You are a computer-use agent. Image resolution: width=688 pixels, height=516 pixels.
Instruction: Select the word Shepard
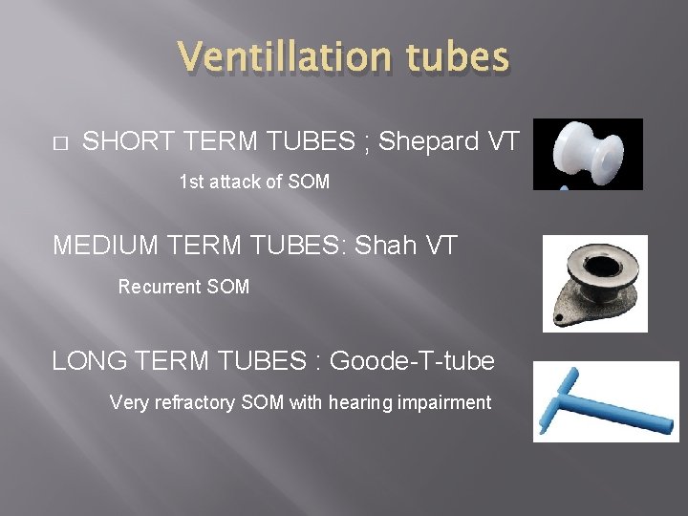(x=429, y=141)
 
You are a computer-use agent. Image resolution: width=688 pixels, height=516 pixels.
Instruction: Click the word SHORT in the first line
(x=126, y=141)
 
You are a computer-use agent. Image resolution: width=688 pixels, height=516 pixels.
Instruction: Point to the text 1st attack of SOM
(x=254, y=182)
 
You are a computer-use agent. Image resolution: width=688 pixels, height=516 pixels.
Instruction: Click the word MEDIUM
(x=108, y=246)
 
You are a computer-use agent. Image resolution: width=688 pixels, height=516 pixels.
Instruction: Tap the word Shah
(x=386, y=246)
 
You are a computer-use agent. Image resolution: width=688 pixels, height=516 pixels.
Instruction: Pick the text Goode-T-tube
(x=412, y=361)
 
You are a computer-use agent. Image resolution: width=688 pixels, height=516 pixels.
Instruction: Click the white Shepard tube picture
(x=587, y=153)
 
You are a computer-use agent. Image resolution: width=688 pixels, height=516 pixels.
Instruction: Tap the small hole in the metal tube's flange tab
(x=559, y=315)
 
